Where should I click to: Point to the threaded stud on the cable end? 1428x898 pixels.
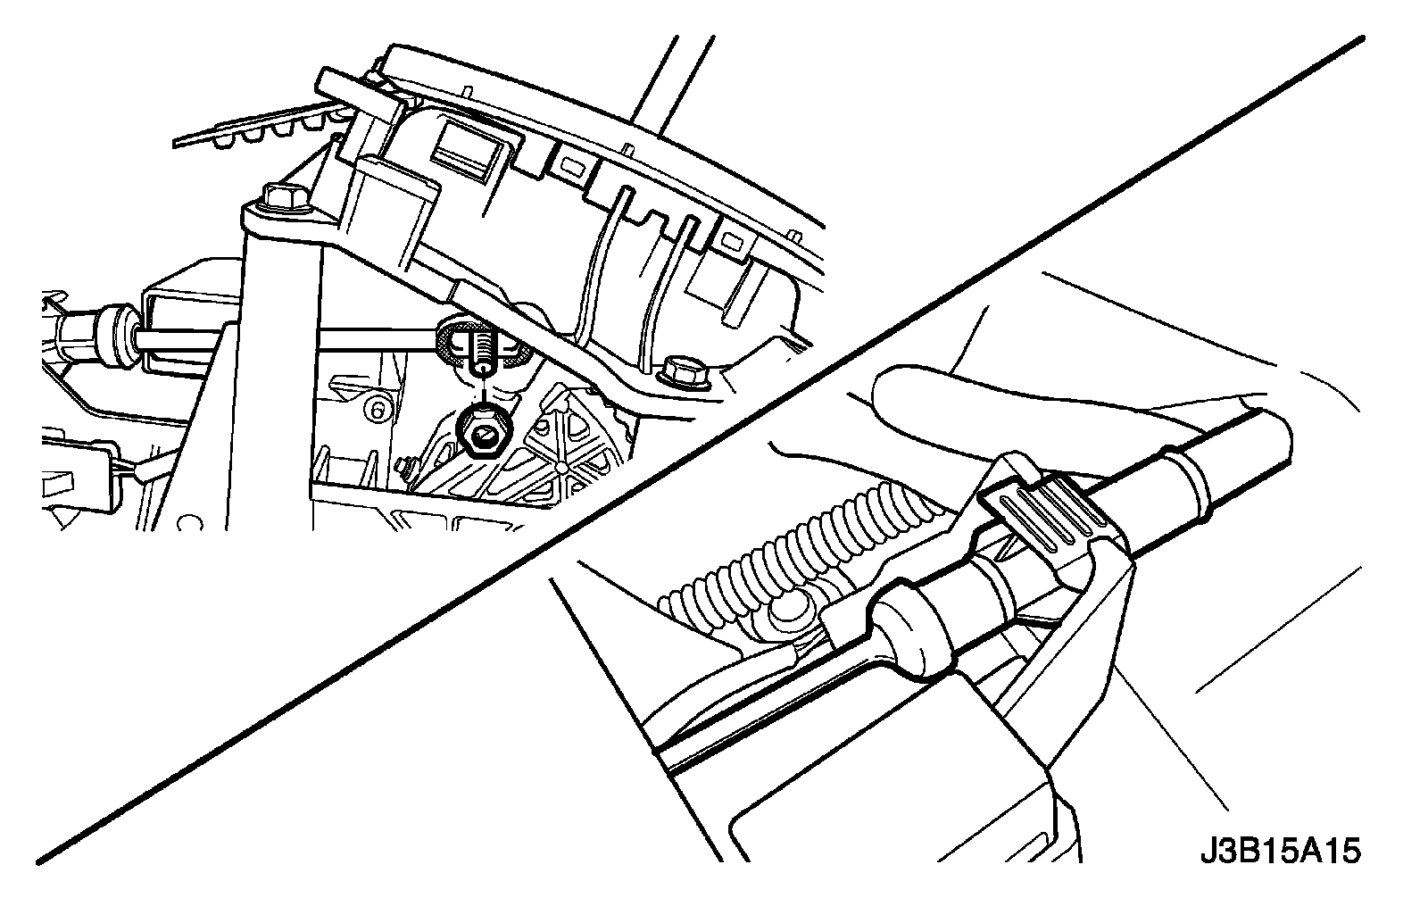(483, 349)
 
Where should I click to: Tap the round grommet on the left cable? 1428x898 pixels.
(117, 337)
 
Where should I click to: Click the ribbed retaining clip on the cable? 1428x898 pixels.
(1042, 513)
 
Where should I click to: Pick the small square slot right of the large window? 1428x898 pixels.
(569, 165)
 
